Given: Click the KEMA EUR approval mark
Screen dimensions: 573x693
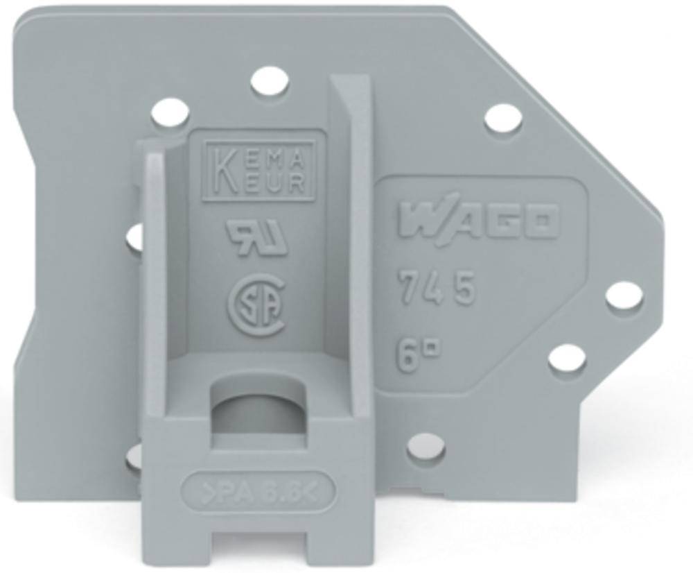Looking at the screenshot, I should [258, 170].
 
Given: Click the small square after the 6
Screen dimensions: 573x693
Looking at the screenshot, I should [428, 340].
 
